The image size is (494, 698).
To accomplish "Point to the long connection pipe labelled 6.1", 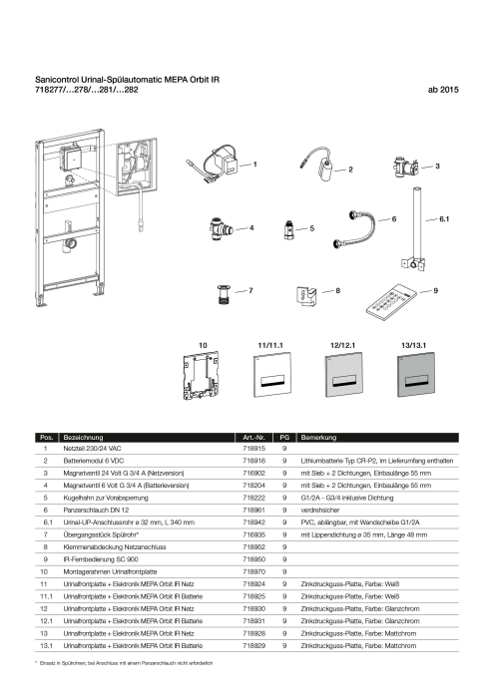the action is click(x=416, y=229).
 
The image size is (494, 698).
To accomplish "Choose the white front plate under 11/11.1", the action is click(x=272, y=375).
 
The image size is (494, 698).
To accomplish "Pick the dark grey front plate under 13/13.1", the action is click(x=415, y=375).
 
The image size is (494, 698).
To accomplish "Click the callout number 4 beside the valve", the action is click(x=251, y=228).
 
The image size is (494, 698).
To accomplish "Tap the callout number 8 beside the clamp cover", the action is click(x=337, y=291).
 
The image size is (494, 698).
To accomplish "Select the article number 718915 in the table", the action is click(x=253, y=449).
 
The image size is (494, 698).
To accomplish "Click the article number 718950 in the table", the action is click(x=253, y=559).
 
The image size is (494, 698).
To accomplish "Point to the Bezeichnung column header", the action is click(x=83, y=437).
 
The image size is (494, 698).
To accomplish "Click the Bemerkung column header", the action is click(x=318, y=437).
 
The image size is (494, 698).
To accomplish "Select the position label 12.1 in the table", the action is click(x=46, y=620).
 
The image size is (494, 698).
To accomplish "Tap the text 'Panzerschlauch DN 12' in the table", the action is click(x=96, y=510).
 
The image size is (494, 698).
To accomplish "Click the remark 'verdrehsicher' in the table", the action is click(x=319, y=510).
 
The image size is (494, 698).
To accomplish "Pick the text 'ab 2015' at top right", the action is click(x=443, y=90).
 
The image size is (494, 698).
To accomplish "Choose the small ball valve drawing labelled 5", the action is click(x=288, y=228).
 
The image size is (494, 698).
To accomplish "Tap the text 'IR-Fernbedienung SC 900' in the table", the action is click(x=101, y=559).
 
